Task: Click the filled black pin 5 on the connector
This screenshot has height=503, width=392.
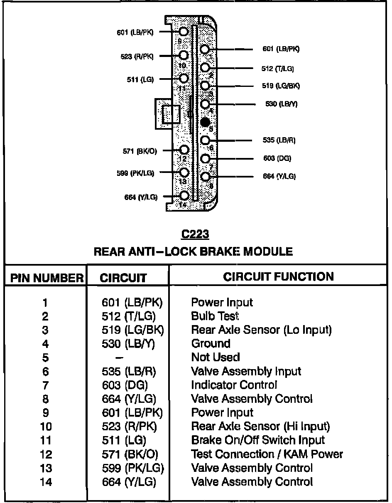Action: click(x=205, y=122)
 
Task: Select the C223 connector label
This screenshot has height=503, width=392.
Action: click(x=195, y=234)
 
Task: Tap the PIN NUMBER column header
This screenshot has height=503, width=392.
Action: click(x=47, y=278)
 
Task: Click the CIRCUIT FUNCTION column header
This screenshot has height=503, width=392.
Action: click(x=278, y=276)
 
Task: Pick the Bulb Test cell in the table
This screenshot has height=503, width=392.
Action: click(x=215, y=316)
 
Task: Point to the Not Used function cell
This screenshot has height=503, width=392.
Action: click(x=216, y=357)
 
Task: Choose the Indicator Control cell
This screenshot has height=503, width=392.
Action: click(x=234, y=385)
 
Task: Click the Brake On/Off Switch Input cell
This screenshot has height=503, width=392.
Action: click(x=258, y=440)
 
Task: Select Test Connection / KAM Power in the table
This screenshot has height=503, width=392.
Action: click(x=267, y=454)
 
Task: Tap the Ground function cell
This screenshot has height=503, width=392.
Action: click(x=211, y=343)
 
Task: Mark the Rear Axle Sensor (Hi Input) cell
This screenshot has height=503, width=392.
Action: click(x=260, y=426)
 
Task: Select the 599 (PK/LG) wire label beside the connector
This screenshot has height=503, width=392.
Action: click(x=135, y=173)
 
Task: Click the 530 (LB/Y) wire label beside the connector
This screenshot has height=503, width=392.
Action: click(x=281, y=104)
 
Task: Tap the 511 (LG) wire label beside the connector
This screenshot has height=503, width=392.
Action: click(x=140, y=80)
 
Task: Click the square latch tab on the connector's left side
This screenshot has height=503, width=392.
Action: click(x=171, y=114)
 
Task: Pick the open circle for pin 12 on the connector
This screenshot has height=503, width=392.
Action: click(x=184, y=150)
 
